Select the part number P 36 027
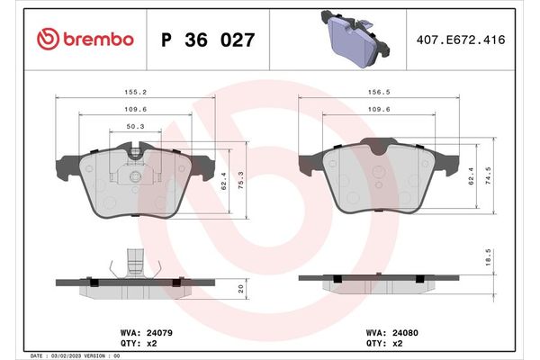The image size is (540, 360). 206,40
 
